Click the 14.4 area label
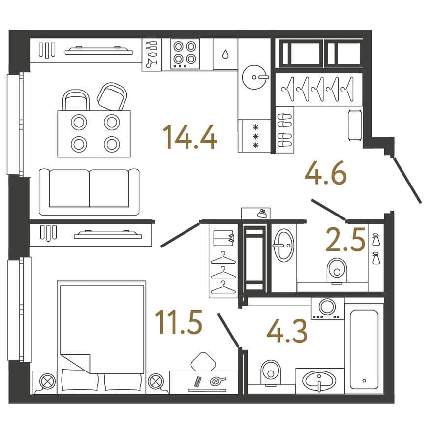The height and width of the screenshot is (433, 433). pos(190,137)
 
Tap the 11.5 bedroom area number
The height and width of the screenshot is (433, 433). pos(179,322)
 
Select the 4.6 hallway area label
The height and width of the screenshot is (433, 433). pos(326,173)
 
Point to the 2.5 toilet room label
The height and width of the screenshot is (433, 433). pos(345,240)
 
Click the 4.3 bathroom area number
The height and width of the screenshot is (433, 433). pos(287,331)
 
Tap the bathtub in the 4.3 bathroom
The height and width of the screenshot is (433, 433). pos(364,349)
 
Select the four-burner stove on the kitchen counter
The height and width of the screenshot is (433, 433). pos(185,55)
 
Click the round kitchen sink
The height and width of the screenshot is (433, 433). pos(254,77)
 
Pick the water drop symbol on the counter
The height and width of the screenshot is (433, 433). pos(225,54)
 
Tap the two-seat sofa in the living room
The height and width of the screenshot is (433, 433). pos(89,192)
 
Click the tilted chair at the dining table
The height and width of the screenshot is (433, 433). pos(112,96)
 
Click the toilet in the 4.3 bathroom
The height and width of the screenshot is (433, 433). pos(271,372)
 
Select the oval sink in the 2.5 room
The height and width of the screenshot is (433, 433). pos(283,245)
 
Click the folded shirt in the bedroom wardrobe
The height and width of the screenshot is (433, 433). pos(224,238)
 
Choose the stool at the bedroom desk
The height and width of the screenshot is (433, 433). pos(203,362)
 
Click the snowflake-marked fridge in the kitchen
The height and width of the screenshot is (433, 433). pos(254,136)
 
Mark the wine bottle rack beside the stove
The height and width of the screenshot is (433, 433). pos(152,55)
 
